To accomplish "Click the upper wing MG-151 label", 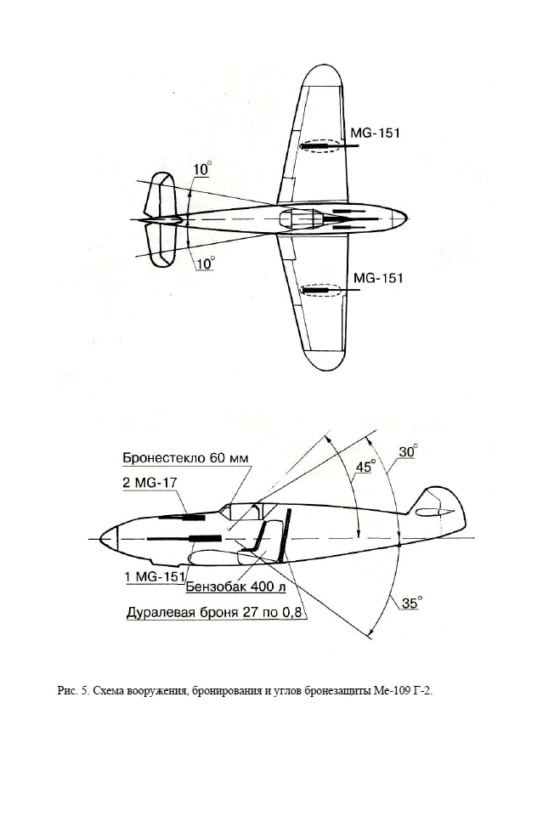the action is tap(375, 133).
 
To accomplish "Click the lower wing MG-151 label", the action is tap(378, 277).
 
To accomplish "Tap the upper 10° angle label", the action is tap(202, 169).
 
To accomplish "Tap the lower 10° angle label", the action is tap(206, 263).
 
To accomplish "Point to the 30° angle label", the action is tap(409, 451).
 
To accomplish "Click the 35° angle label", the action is tap(412, 603).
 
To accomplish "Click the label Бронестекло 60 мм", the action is tap(186, 458).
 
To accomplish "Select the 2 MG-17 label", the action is tap(150, 483).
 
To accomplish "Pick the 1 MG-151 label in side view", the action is tap(155, 576).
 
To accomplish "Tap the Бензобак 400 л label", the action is tap(235, 586).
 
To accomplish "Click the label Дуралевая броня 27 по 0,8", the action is tap(214, 612).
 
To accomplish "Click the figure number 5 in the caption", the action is tap(84, 692).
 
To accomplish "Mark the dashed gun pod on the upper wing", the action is tap(320, 146).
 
